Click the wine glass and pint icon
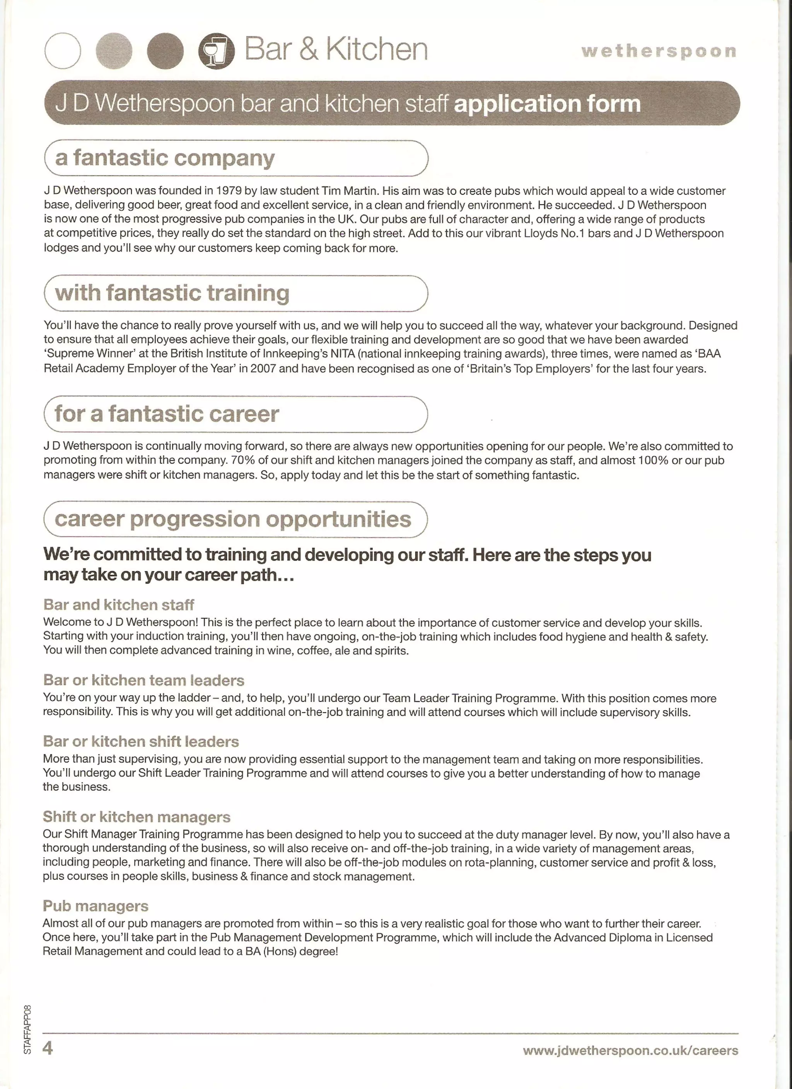pos(216,51)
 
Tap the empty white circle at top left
pos(62,51)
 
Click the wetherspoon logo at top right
pos(659,51)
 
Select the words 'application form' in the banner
pos(547,103)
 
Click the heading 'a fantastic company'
pos(165,158)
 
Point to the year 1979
pos(229,191)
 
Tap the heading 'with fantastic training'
pos(172,293)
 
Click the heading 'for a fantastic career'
pos(167,414)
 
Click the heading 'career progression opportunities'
pos(233,519)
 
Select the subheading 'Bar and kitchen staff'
pos(119,605)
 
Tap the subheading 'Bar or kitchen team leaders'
pos(143,680)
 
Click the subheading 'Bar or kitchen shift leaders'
pos(141,741)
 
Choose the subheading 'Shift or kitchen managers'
pos(137,817)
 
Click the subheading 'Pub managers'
pos(96,906)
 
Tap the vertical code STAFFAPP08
pos(27,1029)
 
